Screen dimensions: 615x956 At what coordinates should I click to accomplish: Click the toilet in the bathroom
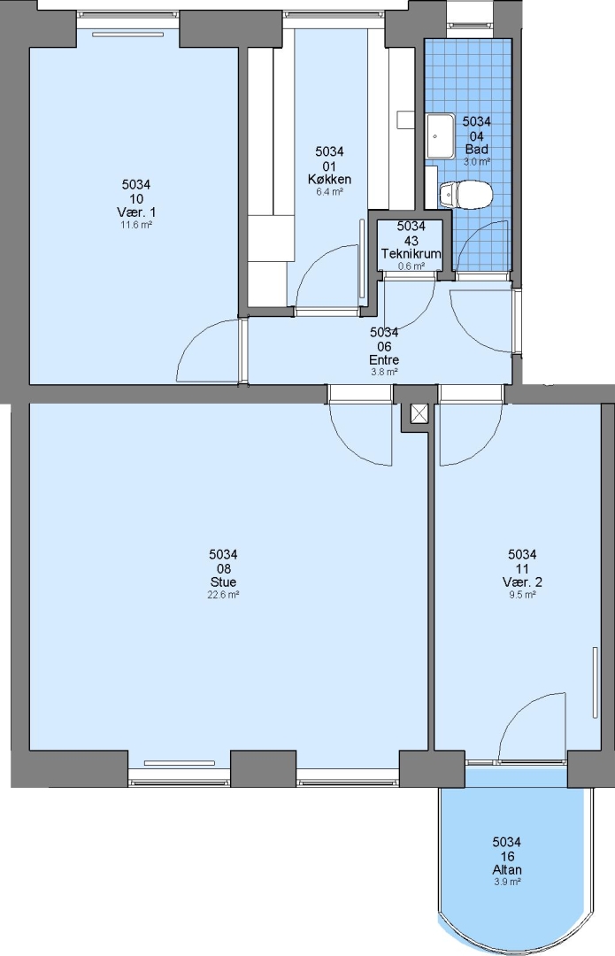tap(465, 195)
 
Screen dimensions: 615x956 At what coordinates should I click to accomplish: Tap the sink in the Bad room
tap(439, 136)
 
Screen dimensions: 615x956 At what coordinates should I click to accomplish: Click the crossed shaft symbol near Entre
tap(420, 413)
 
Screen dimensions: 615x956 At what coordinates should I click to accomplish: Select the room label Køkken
tap(329, 179)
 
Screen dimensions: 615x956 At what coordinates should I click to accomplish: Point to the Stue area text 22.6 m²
tap(223, 595)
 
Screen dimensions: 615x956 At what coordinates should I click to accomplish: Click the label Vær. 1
tap(136, 212)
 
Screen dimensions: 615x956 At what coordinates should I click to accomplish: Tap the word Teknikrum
tap(411, 254)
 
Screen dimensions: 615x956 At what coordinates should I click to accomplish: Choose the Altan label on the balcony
tap(506, 870)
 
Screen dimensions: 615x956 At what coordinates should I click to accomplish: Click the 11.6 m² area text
tap(136, 225)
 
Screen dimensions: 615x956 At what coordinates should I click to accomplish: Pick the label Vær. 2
tap(522, 582)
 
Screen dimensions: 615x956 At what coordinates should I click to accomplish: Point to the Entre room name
tap(384, 359)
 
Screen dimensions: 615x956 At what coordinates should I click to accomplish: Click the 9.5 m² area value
tap(522, 595)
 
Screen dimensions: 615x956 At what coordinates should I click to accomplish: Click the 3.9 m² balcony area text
tap(506, 883)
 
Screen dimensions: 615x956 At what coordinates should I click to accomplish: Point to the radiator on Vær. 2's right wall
tap(596, 682)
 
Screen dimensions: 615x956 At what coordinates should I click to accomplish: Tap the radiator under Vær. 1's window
tap(128, 35)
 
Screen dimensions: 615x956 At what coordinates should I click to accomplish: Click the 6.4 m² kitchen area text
tap(329, 191)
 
